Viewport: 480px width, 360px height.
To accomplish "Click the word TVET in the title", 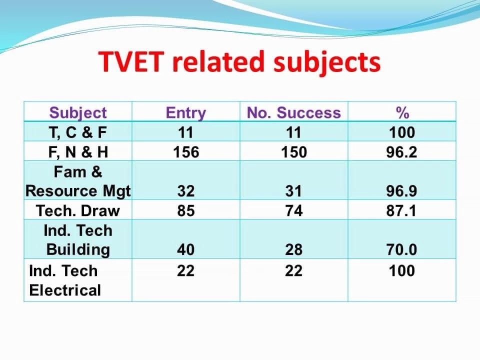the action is (x=131, y=61).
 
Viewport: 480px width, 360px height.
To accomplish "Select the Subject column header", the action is (x=78, y=112).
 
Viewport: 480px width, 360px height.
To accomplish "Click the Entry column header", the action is (x=186, y=113).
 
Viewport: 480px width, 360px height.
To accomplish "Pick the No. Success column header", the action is (x=294, y=112).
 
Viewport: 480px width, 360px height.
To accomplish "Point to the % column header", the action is (x=402, y=113).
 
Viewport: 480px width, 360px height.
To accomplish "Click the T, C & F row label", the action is (x=78, y=132).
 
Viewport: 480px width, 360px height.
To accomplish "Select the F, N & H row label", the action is (x=78, y=152).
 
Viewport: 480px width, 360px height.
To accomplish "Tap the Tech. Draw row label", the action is (x=78, y=210).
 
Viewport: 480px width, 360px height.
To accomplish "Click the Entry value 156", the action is (x=186, y=152).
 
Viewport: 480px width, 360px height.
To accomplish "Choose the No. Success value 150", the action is (x=294, y=152).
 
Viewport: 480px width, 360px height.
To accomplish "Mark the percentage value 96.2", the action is (x=401, y=152).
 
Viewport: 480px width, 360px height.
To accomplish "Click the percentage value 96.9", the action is (x=401, y=191).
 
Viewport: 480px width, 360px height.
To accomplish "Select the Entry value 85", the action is (x=186, y=210).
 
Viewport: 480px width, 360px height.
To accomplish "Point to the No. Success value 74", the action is (x=294, y=210).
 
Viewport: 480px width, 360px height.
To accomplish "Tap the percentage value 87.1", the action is (x=401, y=210).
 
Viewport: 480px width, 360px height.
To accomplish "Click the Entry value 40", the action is (x=185, y=249).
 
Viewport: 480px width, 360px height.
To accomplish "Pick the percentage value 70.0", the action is (x=401, y=249).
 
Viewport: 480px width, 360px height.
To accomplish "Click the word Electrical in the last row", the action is (x=65, y=290).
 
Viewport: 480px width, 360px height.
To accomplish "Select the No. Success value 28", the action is (x=294, y=249).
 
